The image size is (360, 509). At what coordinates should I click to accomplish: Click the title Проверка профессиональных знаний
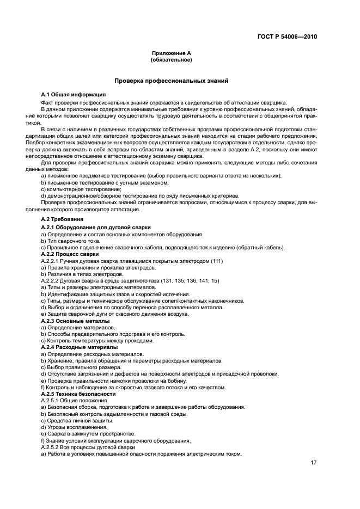tap(171, 81)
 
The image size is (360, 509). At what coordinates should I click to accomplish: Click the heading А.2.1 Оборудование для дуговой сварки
tap(96, 226)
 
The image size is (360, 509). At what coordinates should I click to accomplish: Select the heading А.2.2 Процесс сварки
tap(70, 254)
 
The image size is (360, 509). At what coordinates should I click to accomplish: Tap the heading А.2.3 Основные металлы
tap(75, 321)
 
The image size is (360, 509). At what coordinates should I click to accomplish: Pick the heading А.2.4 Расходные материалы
tap(80, 347)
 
